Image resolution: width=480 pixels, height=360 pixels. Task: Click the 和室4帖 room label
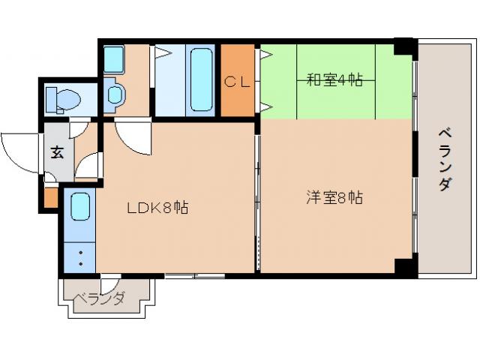[334, 79]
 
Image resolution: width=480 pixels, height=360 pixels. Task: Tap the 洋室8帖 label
[334, 198]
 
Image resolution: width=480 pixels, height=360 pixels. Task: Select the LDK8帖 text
[157, 208]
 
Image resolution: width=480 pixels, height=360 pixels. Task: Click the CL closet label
[238, 81]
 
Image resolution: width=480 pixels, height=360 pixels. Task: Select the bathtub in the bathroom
[202, 79]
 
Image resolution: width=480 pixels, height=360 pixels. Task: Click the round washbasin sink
[115, 94]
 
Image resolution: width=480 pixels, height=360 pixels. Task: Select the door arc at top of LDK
[135, 139]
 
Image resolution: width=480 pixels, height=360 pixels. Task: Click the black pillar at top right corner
[405, 46]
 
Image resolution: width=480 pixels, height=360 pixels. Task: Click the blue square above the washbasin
[114, 58]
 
